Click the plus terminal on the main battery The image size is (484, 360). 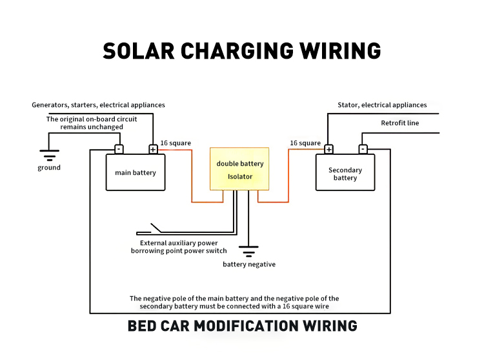coord(153,149)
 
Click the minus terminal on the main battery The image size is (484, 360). coord(119,149)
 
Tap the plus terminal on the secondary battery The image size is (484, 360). coord(328,149)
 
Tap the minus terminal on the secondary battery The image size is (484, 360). coord(363,149)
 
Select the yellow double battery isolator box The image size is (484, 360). coord(239,169)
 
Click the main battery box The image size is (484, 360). coord(136,172)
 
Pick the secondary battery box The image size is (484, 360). coord(345,172)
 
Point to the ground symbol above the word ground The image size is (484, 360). coord(50,155)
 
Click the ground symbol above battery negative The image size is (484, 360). coord(248,252)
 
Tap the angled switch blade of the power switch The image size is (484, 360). coord(156,228)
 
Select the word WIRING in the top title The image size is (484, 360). coord(340,51)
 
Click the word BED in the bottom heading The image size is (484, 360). coord(142,326)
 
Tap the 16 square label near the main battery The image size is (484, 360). coord(176,143)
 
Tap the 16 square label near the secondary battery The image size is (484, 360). coord(305,143)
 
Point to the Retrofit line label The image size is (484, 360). coord(400,123)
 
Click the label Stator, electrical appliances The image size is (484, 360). coord(382,105)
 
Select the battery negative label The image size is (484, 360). coord(249,265)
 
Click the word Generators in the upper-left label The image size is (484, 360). coord(50,105)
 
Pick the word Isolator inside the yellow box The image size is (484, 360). coord(240,177)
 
